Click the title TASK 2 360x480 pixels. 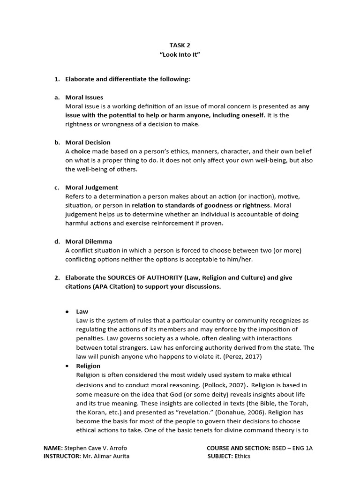click(x=180, y=45)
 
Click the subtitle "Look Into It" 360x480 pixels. click(x=180, y=54)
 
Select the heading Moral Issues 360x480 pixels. click(x=84, y=97)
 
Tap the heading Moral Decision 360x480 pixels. click(x=88, y=142)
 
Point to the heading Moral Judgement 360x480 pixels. click(x=91, y=187)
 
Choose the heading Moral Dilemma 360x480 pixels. click(x=89, y=241)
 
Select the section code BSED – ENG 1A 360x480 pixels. click(x=292, y=448)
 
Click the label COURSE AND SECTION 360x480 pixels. click(x=238, y=448)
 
